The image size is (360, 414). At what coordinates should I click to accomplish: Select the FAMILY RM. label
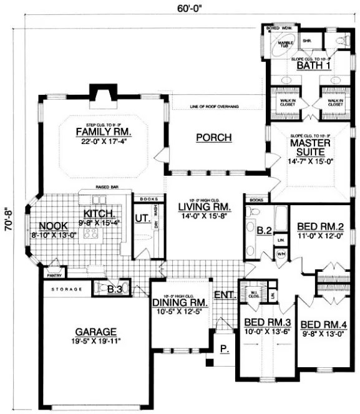point(103,132)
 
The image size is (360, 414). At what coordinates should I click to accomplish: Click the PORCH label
point(213,137)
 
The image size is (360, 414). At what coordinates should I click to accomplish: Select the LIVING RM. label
point(204,206)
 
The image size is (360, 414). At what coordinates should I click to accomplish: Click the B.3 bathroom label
point(114,289)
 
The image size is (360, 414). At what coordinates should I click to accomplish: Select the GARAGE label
point(97,332)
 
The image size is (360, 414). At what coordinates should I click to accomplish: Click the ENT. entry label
point(222,295)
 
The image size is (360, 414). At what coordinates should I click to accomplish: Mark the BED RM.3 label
point(262,323)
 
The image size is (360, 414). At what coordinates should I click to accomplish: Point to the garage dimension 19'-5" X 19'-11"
point(97,341)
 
